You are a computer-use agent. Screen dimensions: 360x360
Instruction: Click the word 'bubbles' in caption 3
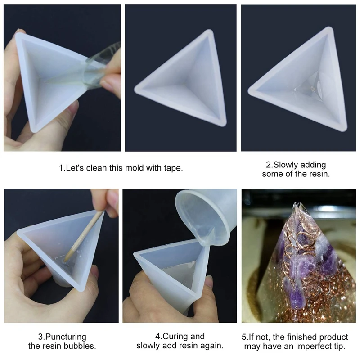click(x=82, y=346)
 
